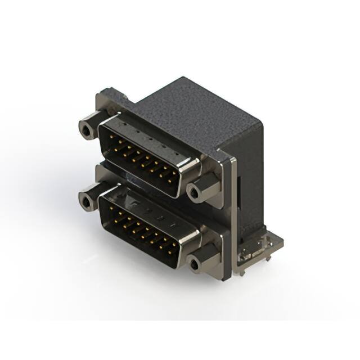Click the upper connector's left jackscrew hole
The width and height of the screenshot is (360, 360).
(86, 131)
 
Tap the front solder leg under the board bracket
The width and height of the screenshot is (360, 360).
(242, 270)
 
